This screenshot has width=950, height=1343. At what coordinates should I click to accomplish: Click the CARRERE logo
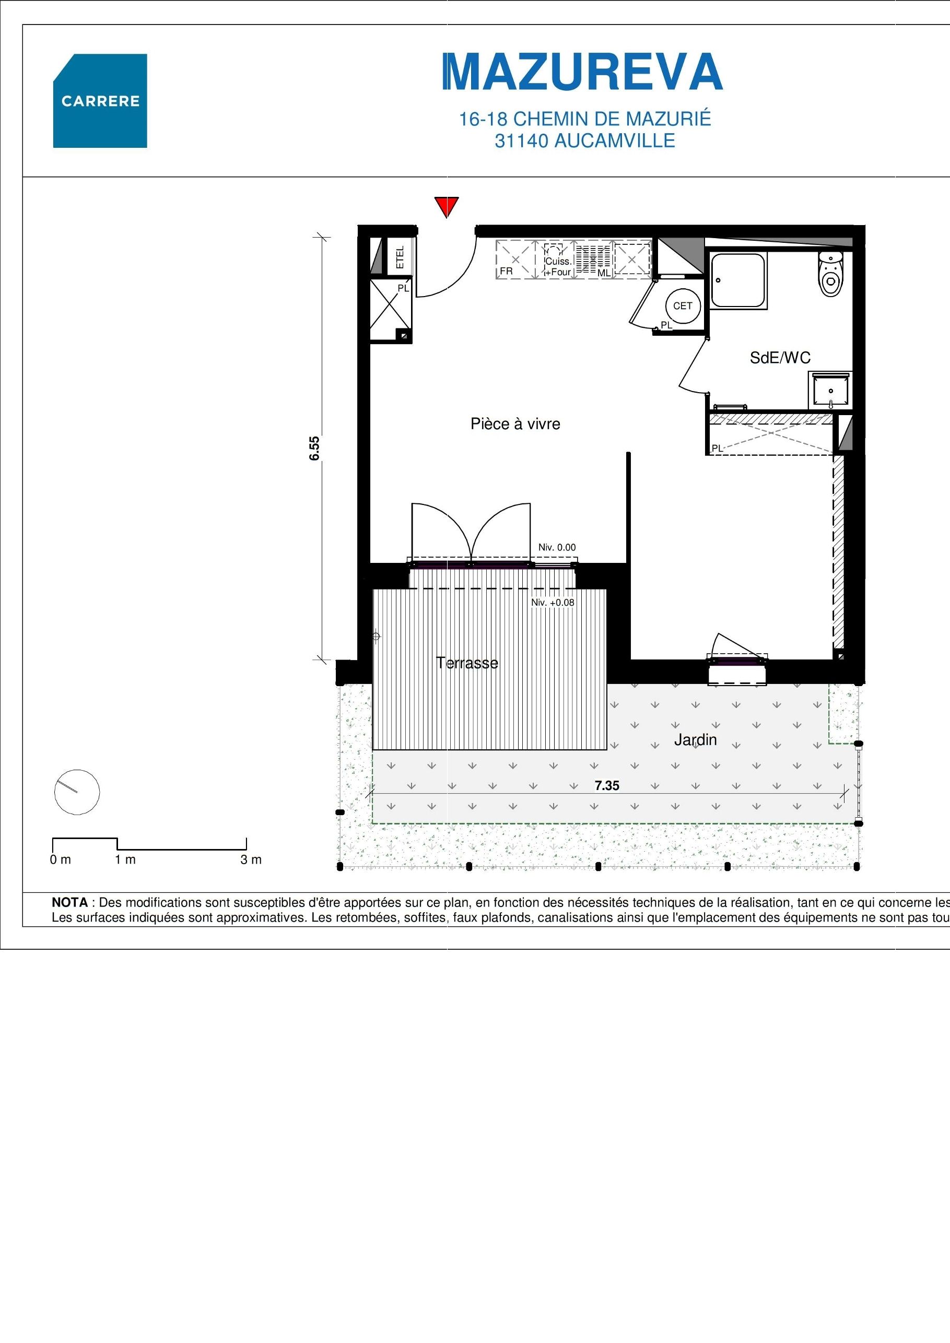(x=100, y=101)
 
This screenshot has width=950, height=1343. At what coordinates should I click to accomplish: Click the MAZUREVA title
(x=583, y=73)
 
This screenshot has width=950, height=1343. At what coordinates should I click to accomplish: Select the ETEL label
(x=401, y=257)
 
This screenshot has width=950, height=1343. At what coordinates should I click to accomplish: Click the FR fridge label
(x=506, y=272)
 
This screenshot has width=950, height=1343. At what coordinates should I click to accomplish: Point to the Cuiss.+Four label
(x=558, y=267)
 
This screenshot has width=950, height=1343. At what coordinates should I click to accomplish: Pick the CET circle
(x=683, y=306)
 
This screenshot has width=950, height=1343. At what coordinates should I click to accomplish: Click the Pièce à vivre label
(x=515, y=424)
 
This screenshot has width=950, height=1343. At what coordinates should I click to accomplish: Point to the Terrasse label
(x=467, y=663)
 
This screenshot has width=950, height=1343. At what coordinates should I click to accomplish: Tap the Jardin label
(x=695, y=740)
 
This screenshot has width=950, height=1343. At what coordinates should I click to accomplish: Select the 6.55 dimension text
(x=315, y=449)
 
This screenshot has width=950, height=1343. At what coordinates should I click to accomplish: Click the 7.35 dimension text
(x=607, y=785)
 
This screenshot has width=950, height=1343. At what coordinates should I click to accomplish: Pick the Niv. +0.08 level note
(x=553, y=603)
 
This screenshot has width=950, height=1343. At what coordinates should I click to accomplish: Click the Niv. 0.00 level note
(x=557, y=548)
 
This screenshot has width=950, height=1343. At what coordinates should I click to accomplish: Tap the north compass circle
(x=77, y=792)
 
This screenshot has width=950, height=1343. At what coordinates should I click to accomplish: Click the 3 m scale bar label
(x=251, y=860)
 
